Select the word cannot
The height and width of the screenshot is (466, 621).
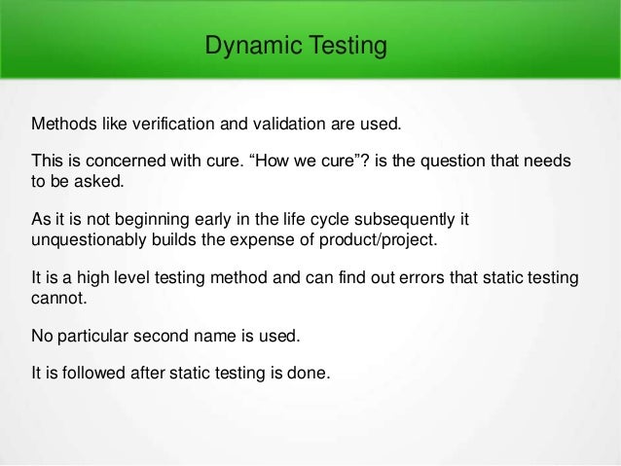click(56, 298)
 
